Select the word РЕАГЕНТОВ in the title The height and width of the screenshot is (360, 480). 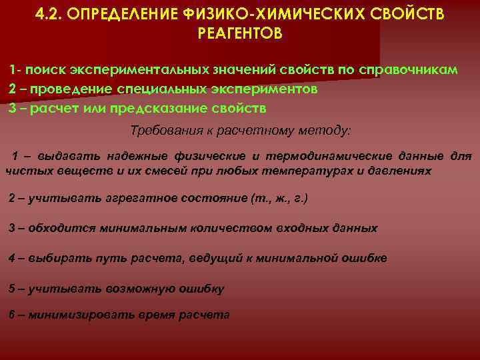pyautogui.click(x=240, y=33)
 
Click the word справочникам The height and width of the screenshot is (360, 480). pyautogui.click(x=407, y=71)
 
